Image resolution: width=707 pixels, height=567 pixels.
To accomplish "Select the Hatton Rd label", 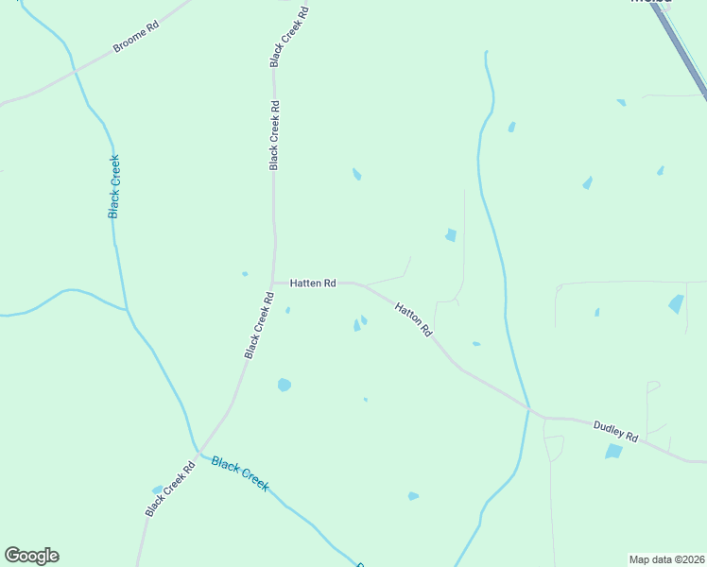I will pyautogui.click(x=413, y=319).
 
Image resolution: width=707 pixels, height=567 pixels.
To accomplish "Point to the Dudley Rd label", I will pyautogui.click(x=616, y=433).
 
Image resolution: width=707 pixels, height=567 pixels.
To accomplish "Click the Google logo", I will pyautogui.click(x=31, y=556).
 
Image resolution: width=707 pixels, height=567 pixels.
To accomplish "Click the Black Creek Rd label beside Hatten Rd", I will pyautogui.click(x=259, y=325).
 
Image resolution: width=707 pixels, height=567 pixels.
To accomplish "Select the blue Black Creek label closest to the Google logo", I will pyautogui.click(x=240, y=472).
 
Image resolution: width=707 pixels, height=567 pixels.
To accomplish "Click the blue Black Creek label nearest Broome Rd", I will pyautogui.click(x=114, y=187).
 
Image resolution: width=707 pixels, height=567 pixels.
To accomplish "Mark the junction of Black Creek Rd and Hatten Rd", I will pyautogui.click(x=273, y=282).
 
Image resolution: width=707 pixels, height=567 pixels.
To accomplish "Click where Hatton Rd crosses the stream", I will pyautogui.click(x=527, y=408).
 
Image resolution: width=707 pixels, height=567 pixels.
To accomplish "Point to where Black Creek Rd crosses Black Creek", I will pyautogui.click(x=198, y=452).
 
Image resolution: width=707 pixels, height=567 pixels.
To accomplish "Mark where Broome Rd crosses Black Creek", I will pyautogui.click(x=73, y=69).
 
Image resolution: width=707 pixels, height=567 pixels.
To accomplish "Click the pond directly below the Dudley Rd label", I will pyautogui.click(x=614, y=452).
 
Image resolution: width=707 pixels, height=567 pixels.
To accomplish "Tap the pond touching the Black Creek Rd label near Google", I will pyautogui.click(x=157, y=490).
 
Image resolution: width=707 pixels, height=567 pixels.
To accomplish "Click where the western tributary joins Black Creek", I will pyautogui.click(x=127, y=309).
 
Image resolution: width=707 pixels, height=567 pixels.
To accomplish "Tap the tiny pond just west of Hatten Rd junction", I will pyautogui.click(x=245, y=274).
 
